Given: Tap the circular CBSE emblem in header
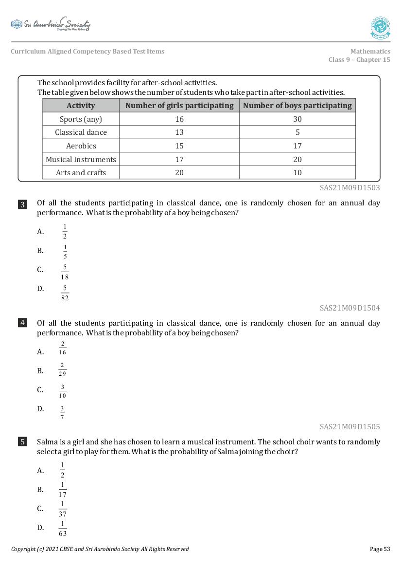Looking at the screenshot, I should tap(380, 28).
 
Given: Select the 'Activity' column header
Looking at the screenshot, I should tap(81, 106).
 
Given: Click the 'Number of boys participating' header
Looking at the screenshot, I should tap(297, 106).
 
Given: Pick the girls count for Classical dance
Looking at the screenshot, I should tap(179, 132).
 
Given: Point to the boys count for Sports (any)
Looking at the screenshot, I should tap(297, 119).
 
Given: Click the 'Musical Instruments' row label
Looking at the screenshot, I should tap(81, 159).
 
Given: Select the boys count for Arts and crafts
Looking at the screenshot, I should tap(297, 173).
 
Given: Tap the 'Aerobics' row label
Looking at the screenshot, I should tap(81, 146).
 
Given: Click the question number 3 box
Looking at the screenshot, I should tap(22, 204).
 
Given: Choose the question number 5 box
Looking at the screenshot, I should tap(22, 442).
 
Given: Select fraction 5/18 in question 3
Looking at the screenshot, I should tap(65, 272).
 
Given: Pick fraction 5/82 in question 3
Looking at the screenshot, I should tap(65, 293).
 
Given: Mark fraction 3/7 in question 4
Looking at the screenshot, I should tap(63, 412).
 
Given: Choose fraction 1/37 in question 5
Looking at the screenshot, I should tap(63, 509).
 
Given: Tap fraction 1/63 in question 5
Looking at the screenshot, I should tap(63, 528).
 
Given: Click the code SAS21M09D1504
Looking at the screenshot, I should tap(350, 308).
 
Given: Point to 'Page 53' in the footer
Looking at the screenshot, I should tap(380, 549).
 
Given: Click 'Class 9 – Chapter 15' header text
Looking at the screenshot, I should tap(359, 60).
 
